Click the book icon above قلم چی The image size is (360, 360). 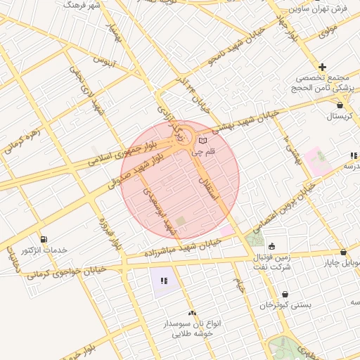(x=203, y=141)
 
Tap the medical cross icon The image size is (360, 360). (x=322, y=67)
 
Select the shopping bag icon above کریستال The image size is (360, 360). (x=340, y=104)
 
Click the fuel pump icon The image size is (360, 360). (x=44, y=239)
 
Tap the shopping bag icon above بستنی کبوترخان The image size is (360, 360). (x=285, y=295)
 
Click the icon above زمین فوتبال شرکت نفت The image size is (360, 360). (x=272, y=245)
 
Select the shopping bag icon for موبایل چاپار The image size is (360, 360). (x=343, y=252)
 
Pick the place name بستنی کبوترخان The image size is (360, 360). (x=285, y=306)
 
